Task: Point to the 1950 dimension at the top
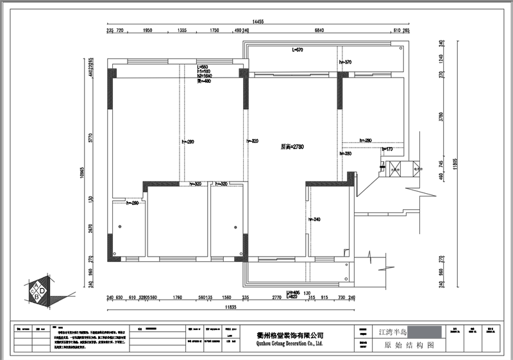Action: [147, 31]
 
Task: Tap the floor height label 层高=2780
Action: [292, 147]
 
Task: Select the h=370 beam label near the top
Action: [346, 62]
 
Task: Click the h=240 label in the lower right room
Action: [314, 219]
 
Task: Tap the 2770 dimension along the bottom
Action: [276, 298]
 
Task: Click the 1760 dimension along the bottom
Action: [178, 298]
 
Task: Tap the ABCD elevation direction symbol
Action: [39, 293]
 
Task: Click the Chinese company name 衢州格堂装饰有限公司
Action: [290, 335]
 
